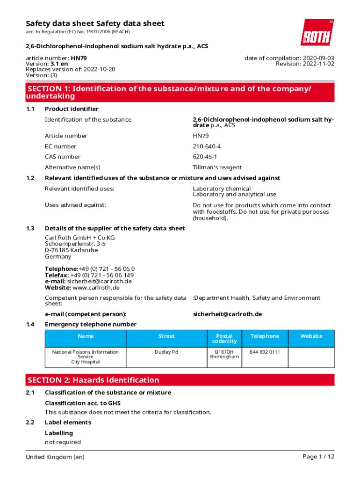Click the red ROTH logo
tap(317, 32)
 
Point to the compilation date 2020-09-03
tap(314, 58)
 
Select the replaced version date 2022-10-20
tap(99, 69)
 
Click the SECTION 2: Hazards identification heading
tap(94, 380)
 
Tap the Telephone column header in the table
tap(265, 336)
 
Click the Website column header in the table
tap(311, 336)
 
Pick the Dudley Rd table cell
tap(166, 352)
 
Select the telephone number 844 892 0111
tap(265, 352)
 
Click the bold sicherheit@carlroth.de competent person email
tap(227, 314)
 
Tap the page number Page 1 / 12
tap(318, 457)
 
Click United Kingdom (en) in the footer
tap(55, 457)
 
